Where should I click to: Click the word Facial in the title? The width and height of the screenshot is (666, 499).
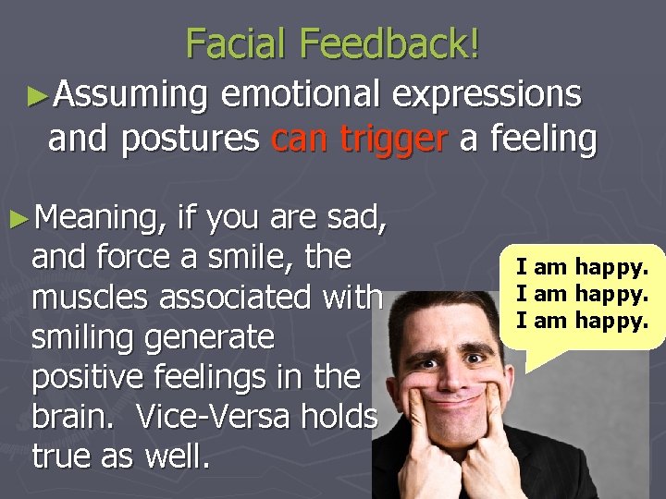(241, 43)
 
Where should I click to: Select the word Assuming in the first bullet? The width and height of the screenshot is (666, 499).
(130, 94)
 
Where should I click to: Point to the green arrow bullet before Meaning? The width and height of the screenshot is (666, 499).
(19, 218)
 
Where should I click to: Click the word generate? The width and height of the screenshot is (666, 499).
(208, 337)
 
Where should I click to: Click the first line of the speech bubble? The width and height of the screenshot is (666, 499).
(583, 268)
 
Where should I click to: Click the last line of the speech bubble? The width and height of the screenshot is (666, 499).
(583, 321)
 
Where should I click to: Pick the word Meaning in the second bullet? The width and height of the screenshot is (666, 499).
(102, 218)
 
